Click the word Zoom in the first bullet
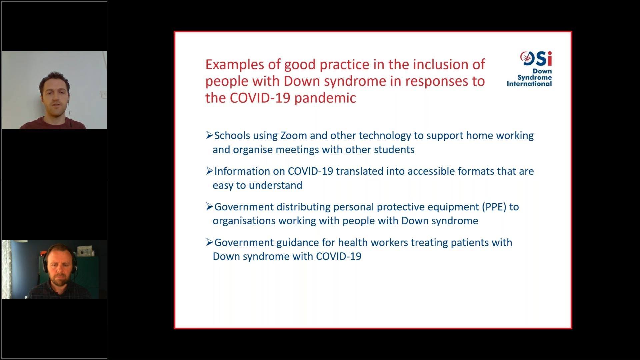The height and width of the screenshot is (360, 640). [293, 136]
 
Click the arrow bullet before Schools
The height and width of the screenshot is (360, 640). [209, 135]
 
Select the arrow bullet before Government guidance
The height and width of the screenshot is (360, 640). [209, 242]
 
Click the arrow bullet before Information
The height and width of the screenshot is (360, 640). [209, 171]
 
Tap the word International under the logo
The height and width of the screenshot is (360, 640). [529, 84]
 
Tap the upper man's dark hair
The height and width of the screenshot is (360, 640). [53, 80]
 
